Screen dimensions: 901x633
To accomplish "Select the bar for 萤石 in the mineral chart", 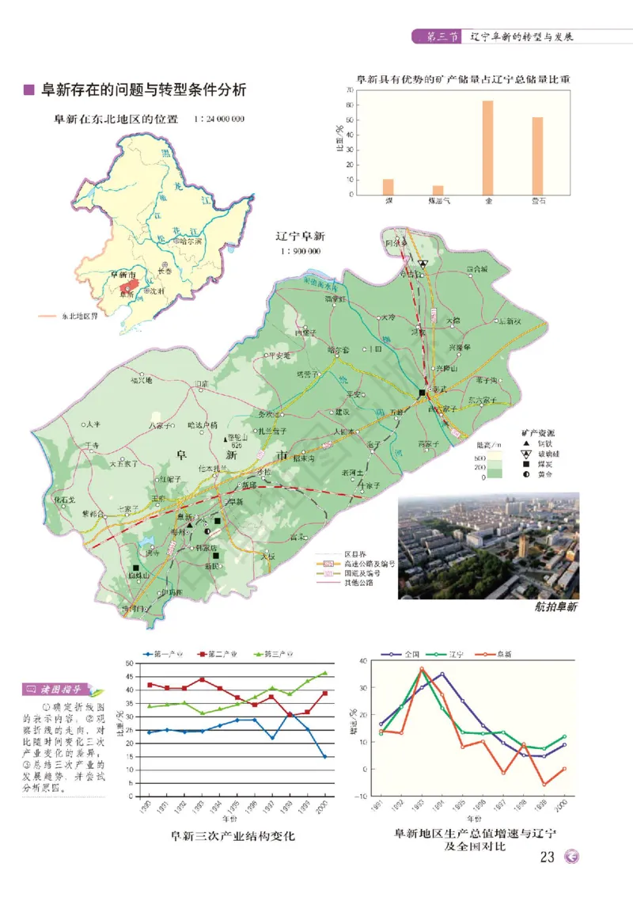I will pos(537,156).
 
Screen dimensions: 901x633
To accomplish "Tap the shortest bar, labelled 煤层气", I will pos(438,190).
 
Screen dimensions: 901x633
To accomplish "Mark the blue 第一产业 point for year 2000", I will pos(324,756).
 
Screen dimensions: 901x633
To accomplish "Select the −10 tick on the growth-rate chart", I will pos(362,796).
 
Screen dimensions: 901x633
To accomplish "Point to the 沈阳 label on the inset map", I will pos(157,291).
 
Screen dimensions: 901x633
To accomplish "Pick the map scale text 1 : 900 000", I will pos(300,251).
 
